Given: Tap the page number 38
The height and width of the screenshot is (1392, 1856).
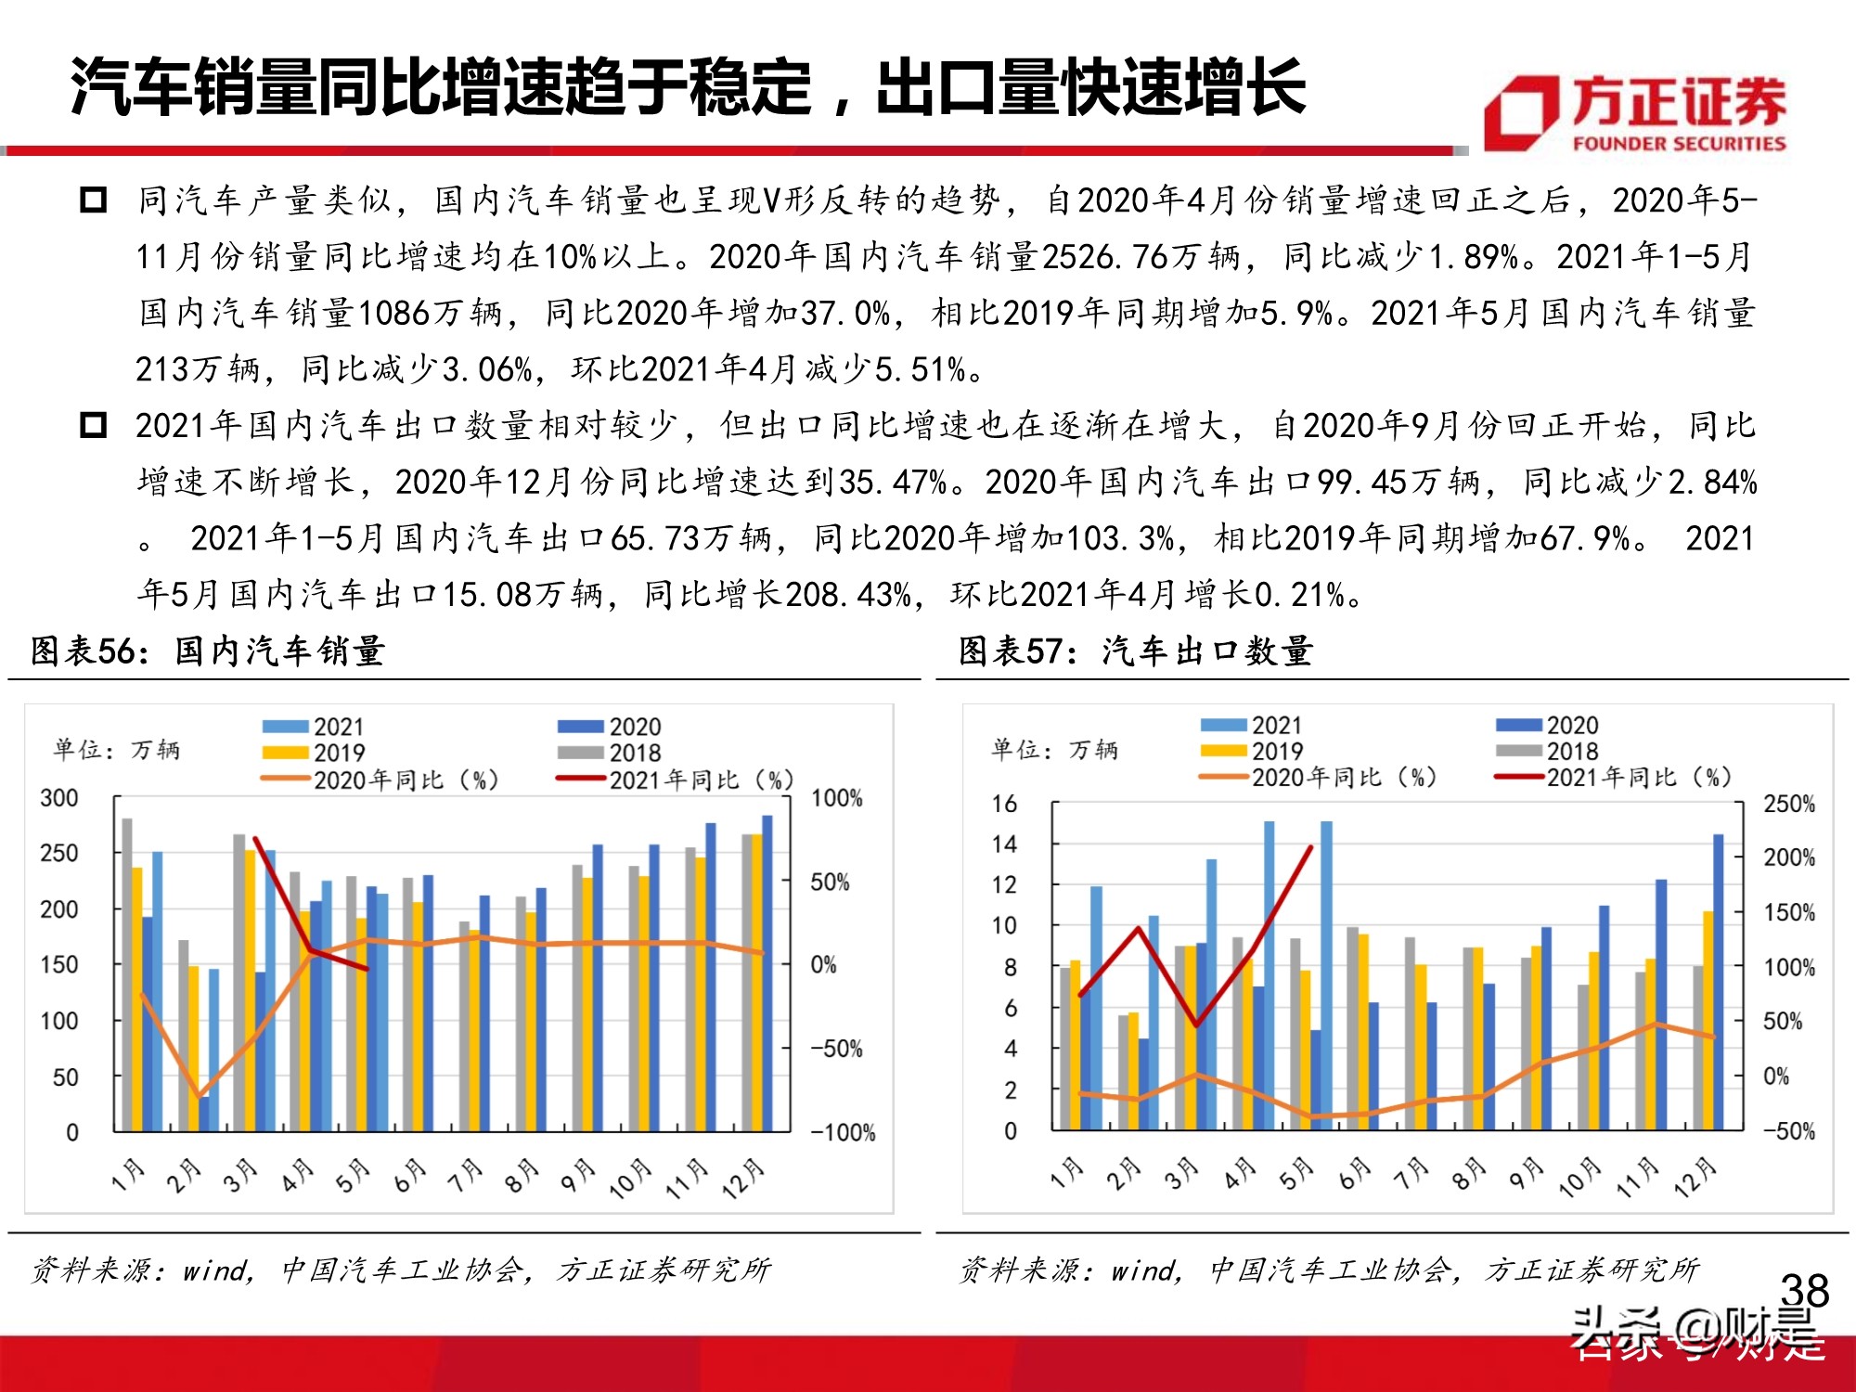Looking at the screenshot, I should (x=1804, y=1290).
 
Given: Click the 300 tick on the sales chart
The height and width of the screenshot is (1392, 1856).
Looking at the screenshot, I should (x=59, y=798).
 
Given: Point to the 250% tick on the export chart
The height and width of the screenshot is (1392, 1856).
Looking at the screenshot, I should (x=1789, y=804).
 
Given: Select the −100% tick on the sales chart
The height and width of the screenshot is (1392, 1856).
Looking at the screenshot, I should (x=843, y=1132).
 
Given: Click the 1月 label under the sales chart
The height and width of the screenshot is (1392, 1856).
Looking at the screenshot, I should (x=128, y=1175).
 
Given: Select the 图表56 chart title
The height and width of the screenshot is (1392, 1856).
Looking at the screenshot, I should (x=208, y=651).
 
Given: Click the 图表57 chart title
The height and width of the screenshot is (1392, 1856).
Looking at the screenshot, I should (x=1136, y=651).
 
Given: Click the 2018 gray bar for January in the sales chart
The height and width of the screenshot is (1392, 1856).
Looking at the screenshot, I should (x=127, y=974).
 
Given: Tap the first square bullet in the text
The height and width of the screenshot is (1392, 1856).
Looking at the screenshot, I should (x=94, y=200).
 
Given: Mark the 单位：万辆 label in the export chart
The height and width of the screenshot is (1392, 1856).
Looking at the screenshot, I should (x=1054, y=749).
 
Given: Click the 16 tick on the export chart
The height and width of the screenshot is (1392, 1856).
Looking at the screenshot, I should (x=1004, y=804).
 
